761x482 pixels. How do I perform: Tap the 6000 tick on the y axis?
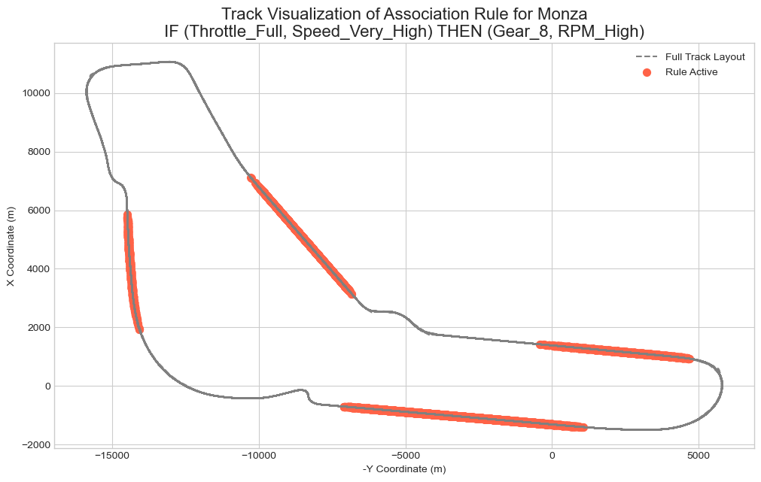(36, 211)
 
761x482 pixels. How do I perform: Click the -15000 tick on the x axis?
(112, 456)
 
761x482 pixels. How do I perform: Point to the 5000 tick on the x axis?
(699, 456)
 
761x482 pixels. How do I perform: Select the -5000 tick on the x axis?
(405, 456)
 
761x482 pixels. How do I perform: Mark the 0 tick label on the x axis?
(552, 456)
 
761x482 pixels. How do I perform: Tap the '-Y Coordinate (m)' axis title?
(404, 470)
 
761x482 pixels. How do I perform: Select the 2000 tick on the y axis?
(36, 327)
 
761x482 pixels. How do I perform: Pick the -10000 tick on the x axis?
(258, 456)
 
